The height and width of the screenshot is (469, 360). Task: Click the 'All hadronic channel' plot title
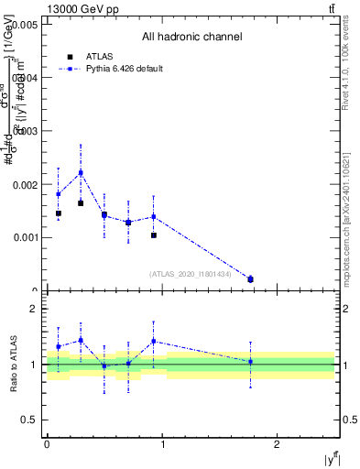pos(191,38)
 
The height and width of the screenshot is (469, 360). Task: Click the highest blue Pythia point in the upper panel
pos(81,172)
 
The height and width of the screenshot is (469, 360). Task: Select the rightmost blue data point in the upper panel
pos(250,278)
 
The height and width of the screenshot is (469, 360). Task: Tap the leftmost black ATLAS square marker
pos(58,213)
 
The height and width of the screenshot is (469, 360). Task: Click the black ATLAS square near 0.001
pos(154,235)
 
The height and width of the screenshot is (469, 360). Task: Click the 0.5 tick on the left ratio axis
pos(30,420)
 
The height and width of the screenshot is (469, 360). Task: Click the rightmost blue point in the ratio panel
pos(250,362)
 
